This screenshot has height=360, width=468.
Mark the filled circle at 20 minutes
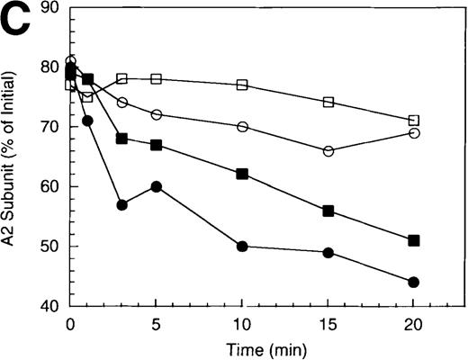point(414,282)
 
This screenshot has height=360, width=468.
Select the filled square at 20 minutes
point(414,240)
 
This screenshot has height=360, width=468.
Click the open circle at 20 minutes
point(414,133)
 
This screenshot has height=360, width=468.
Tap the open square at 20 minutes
point(414,121)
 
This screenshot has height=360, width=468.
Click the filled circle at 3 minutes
point(121,204)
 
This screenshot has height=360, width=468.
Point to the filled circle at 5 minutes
point(157,186)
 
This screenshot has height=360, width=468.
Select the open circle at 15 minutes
point(328,151)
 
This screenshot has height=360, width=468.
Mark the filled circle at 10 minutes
point(242,246)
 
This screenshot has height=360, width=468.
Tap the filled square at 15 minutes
point(328,211)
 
